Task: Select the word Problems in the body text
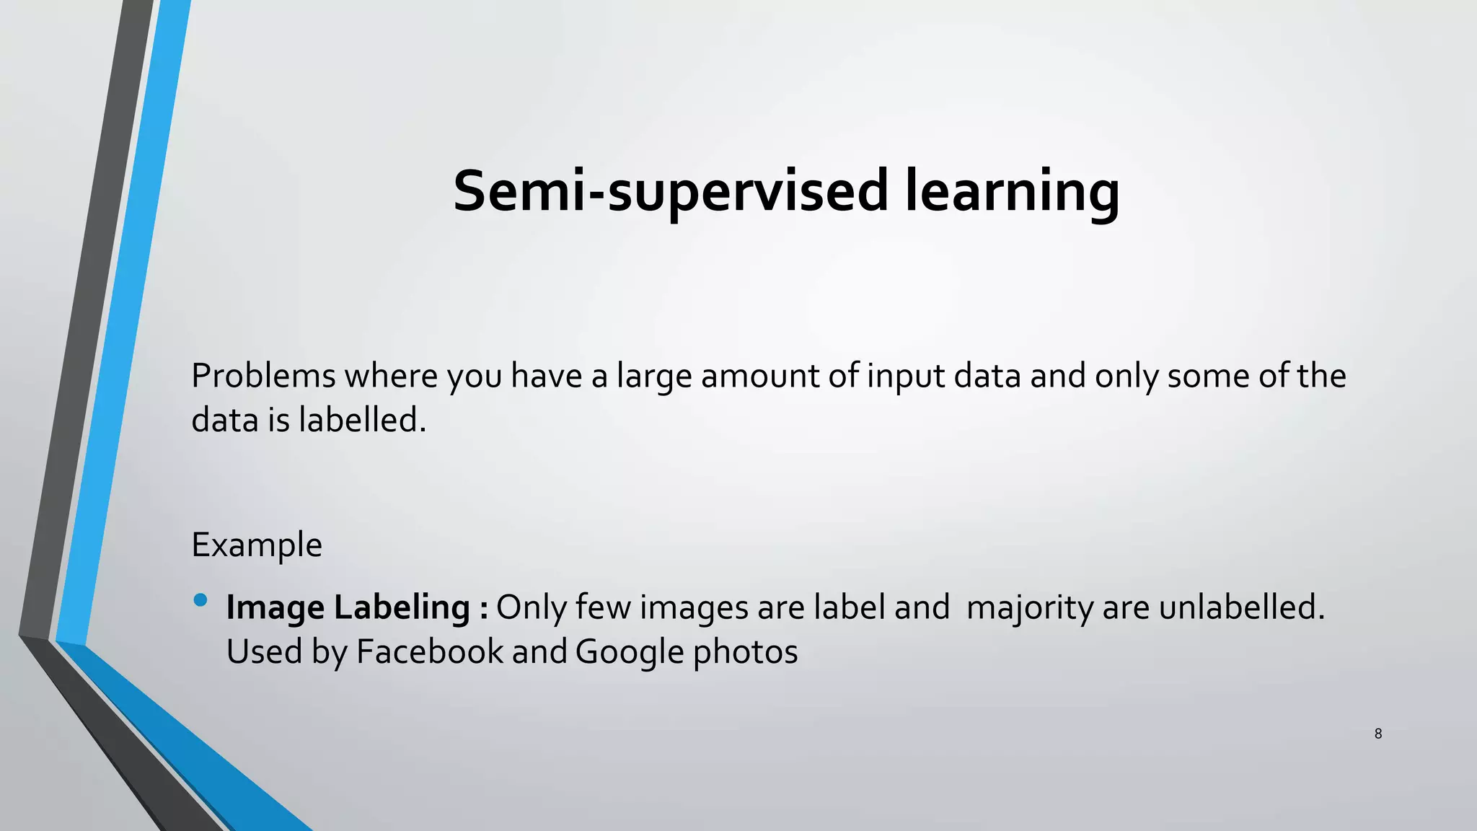pos(263,376)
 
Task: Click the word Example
pos(257,545)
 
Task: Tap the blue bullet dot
pos(200,600)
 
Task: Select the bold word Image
pos(275,608)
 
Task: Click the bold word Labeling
pos(402,608)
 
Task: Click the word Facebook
pos(430,651)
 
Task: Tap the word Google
pos(630,652)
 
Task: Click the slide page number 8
pos(1378,734)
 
